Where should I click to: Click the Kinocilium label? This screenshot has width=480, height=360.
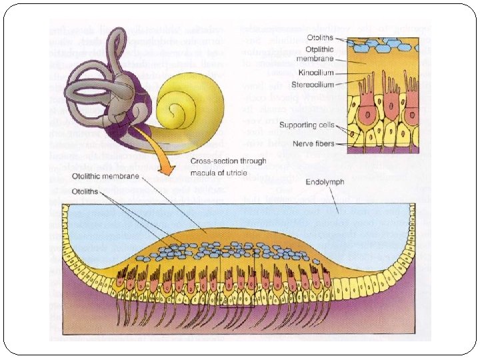(316, 73)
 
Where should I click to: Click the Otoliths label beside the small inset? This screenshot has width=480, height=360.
(321, 38)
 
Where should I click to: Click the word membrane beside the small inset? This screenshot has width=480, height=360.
(317, 59)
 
